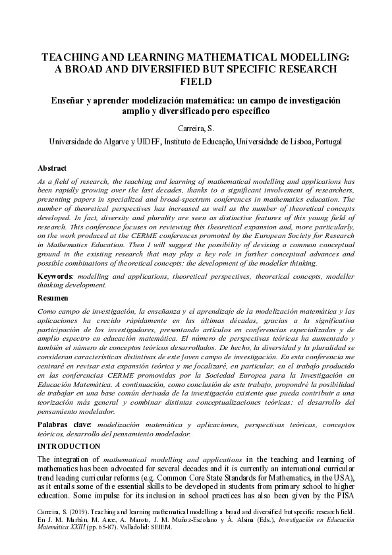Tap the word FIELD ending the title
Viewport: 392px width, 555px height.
196,82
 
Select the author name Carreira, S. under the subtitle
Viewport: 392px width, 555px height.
196,128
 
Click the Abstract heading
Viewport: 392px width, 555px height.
53,168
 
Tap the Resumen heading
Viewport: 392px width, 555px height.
54,299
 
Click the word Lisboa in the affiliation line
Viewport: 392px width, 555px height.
297,141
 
